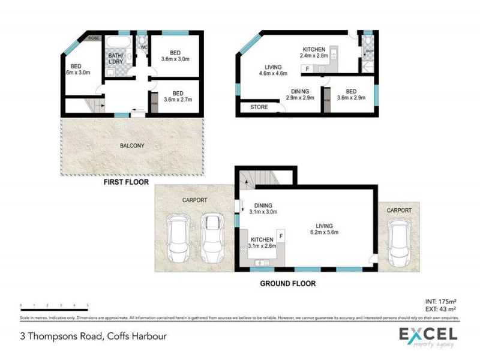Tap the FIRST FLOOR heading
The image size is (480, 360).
[x=126, y=181]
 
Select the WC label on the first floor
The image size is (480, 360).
[x=144, y=47]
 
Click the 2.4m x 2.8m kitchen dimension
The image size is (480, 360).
[x=314, y=56]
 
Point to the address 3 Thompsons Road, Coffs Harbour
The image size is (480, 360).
[x=93, y=337]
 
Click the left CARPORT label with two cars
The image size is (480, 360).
[x=194, y=199]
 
